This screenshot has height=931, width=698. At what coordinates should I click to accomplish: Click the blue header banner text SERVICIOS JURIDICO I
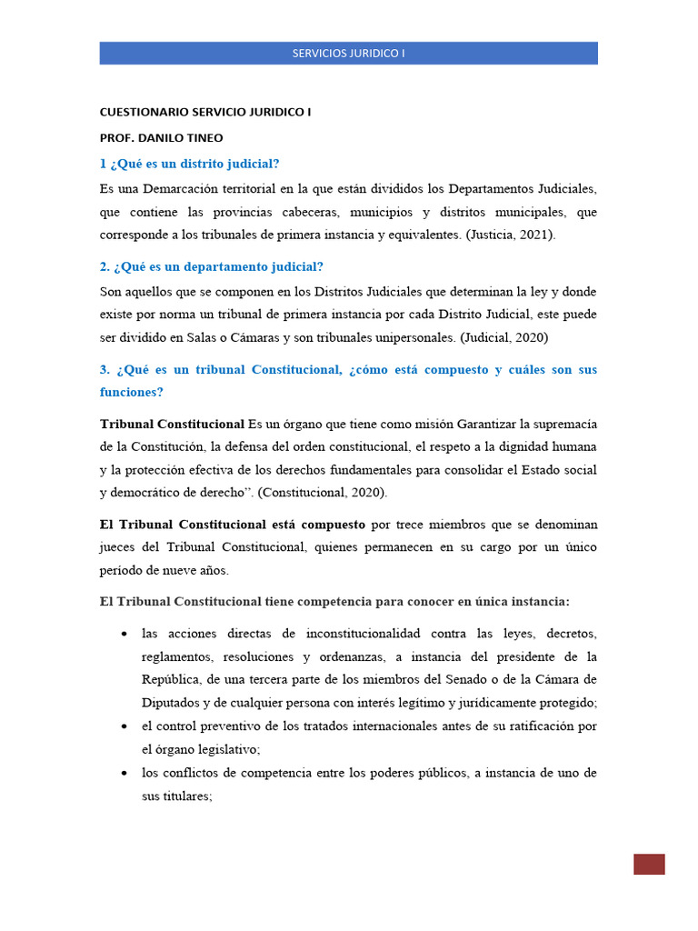coord(348,53)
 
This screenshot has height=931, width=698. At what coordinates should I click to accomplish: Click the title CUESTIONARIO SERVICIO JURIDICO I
coord(204,113)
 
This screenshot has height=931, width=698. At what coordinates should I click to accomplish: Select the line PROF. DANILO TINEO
coord(161,137)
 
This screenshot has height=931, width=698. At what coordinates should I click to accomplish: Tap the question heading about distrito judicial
coord(189,164)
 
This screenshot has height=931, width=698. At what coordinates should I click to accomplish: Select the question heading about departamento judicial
coord(211,266)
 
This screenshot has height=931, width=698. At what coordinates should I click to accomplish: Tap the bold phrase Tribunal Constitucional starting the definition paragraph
coord(172,425)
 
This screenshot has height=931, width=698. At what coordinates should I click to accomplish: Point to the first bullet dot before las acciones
coord(123,634)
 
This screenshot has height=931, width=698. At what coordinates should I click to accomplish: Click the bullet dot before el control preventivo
coord(123,727)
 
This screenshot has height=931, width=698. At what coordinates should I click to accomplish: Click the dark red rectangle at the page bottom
coord(649,865)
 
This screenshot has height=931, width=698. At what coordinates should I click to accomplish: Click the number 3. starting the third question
coord(105,370)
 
